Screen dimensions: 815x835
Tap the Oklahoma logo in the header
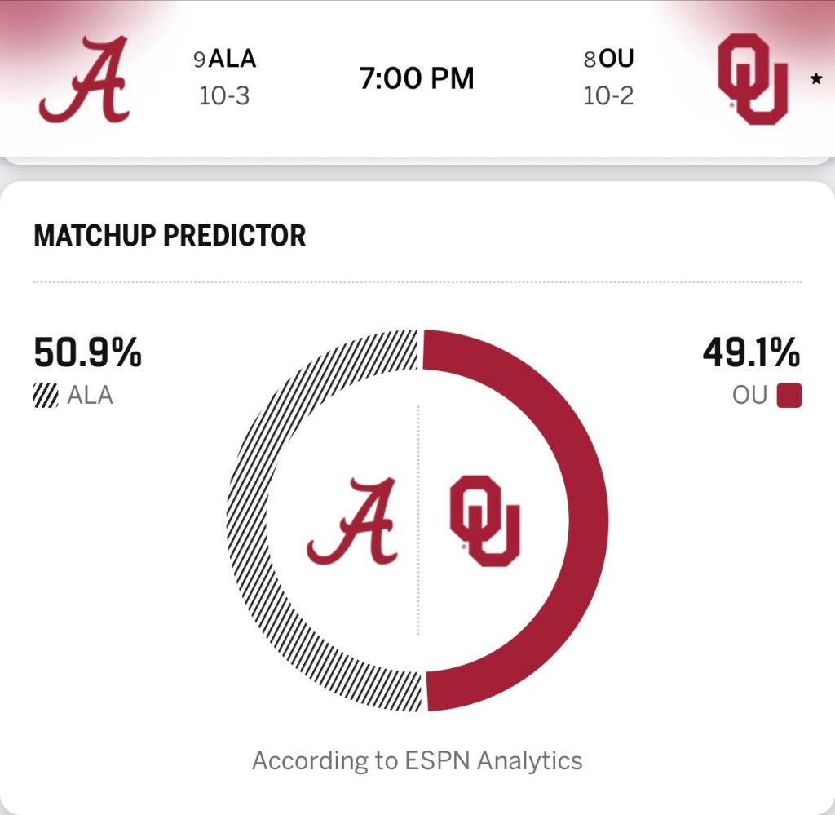pyautogui.click(x=752, y=79)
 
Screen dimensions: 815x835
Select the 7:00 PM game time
pyautogui.click(x=417, y=79)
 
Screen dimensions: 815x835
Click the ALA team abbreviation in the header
pyautogui.click(x=232, y=59)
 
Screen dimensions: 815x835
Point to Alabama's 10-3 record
pyautogui.click(x=223, y=96)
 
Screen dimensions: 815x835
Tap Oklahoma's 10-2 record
pyautogui.click(x=608, y=96)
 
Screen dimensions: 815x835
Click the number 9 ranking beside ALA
pyautogui.click(x=200, y=60)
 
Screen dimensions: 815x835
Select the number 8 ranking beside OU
pyautogui.click(x=590, y=60)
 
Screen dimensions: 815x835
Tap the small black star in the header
pyautogui.click(x=815, y=80)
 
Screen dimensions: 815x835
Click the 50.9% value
pyautogui.click(x=87, y=354)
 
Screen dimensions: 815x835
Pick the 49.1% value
pyautogui.click(x=751, y=354)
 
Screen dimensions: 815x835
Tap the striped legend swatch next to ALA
pyautogui.click(x=46, y=396)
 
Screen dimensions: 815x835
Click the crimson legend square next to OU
pyautogui.click(x=789, y=396)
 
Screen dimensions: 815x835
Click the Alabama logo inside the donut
pyautogui.click(x=352, y=522)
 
